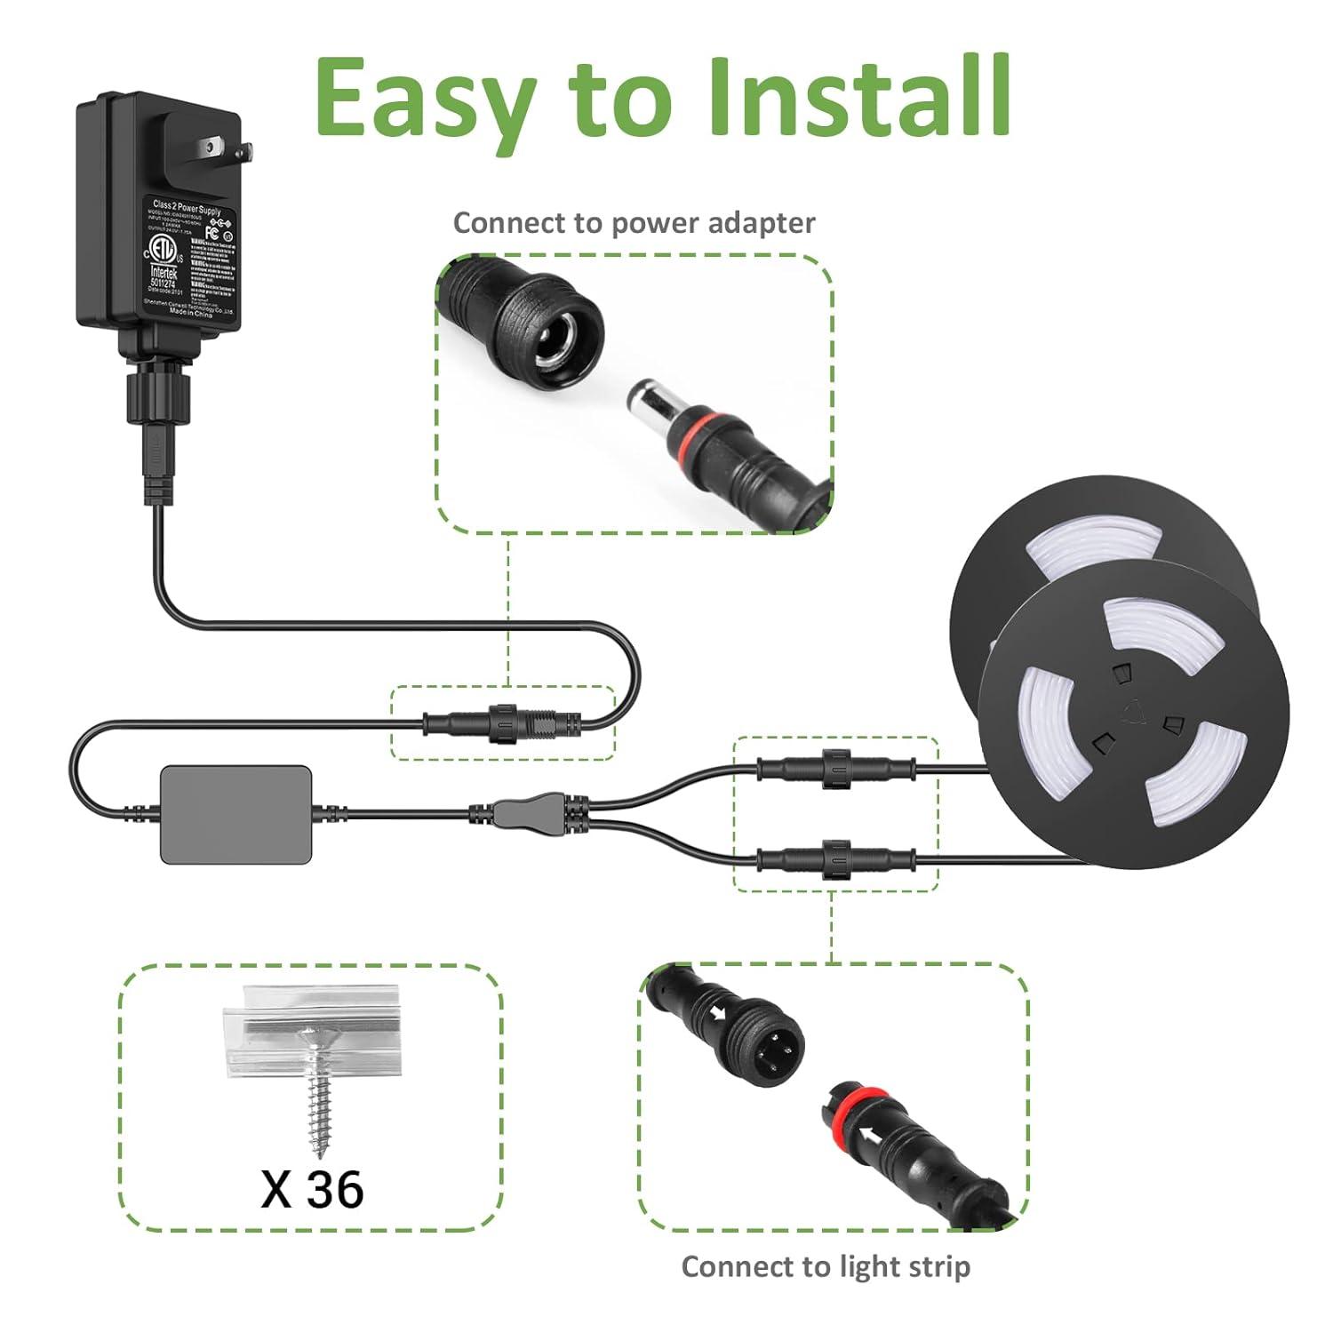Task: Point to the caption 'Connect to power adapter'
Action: [x=634, y=223]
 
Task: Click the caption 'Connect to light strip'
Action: [x=826, y=1266]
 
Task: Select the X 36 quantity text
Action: [x=312, y=1189]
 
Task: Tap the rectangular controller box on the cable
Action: [x=236, y=814]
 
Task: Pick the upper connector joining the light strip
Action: [x=835, y=766]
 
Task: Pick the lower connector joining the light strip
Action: [x=835, y=859]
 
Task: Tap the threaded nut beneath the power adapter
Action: [x=159, y=392]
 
